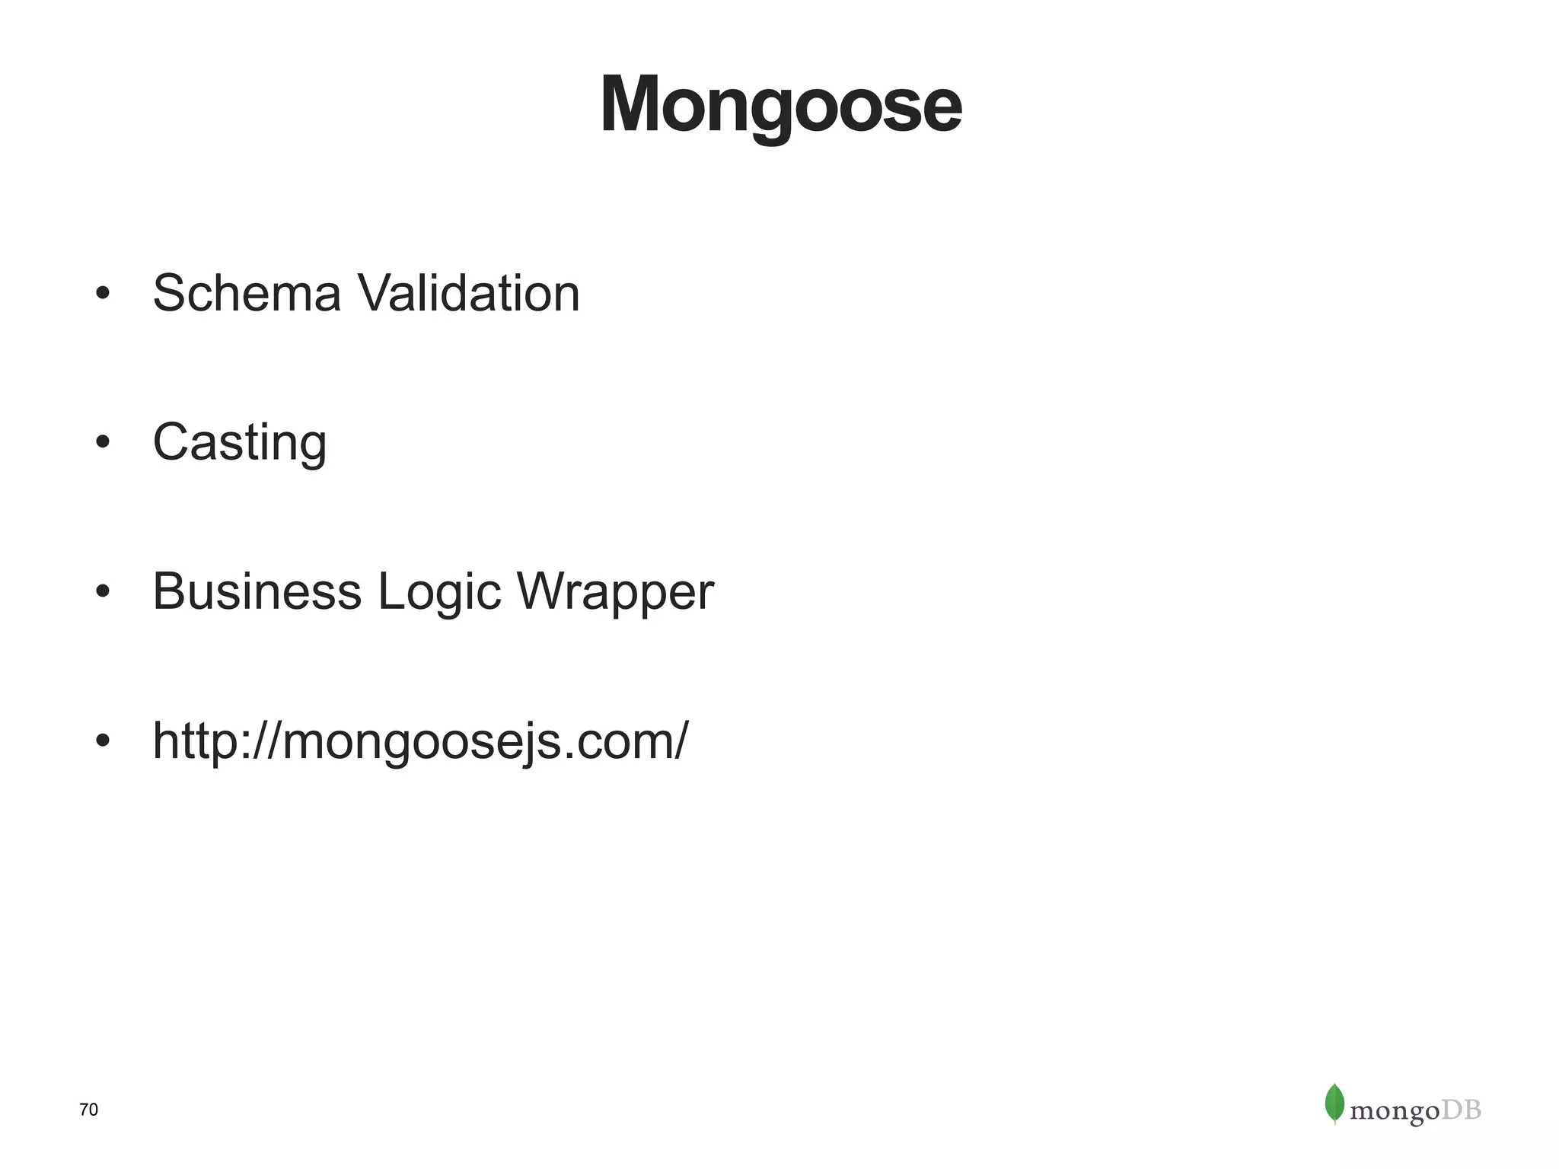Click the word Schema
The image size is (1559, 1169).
pos(247,293)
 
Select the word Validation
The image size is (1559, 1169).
pos(468,293)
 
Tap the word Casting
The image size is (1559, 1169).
pos(240,442)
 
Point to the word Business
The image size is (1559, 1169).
pos(257,591)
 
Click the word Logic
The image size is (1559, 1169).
pos(439,593)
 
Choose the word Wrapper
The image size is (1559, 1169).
pos(615,593)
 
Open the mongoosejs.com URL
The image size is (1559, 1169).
pos(420,741)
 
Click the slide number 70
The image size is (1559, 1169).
pos(89,1110)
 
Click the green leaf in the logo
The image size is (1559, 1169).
pos(1334,1103)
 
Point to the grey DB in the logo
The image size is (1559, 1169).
pos(1462,1110)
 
